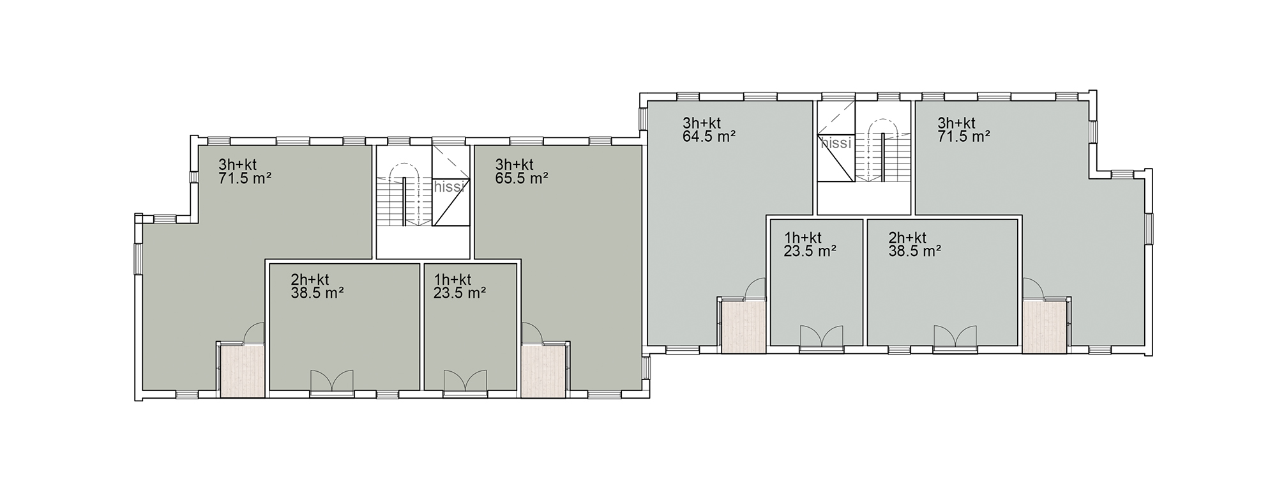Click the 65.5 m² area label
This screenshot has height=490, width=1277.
point(521,178)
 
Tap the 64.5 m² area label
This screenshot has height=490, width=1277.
point(709,136)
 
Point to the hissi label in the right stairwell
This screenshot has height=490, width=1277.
point(836,143)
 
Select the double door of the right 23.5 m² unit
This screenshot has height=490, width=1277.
point(821,337)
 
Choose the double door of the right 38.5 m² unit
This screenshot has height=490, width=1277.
point(955,337)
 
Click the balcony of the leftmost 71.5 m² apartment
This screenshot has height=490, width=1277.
point(242,371)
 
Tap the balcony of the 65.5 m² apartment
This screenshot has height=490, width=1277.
point(543,371)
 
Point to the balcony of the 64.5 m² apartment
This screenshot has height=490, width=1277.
point(743,326)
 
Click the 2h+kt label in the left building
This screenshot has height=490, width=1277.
point(310,280)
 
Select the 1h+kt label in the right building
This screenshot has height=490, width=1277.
point(803,238)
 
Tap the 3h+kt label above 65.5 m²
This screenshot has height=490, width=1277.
point(514,165)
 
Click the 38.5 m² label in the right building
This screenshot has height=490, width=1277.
point(914,251)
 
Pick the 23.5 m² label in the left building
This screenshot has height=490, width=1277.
point(460,293)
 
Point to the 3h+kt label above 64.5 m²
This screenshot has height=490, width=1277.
point(702,123)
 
